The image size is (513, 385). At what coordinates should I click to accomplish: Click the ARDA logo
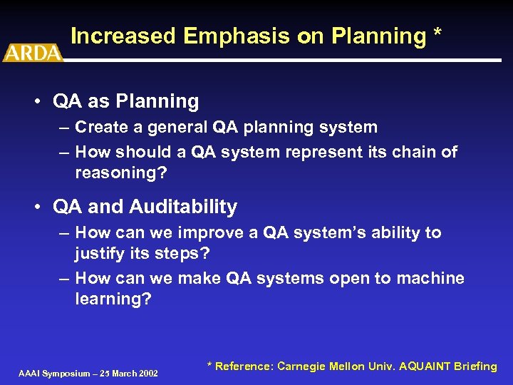32,52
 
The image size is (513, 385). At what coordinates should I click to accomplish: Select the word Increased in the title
123,36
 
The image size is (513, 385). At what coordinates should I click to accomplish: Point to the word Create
100,128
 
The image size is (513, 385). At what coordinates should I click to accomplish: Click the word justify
99,255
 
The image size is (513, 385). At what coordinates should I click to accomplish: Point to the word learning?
113,299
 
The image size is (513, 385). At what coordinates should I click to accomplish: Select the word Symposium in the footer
66,374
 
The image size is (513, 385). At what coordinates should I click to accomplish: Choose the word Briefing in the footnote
475,366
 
